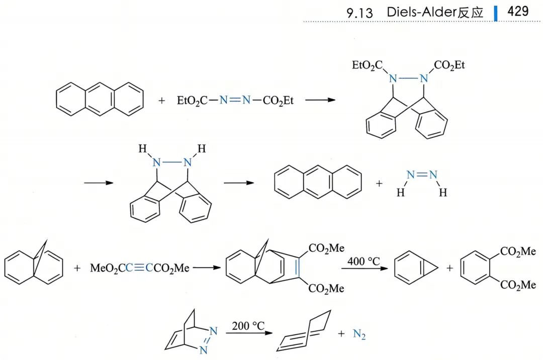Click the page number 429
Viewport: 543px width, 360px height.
click(518, 12)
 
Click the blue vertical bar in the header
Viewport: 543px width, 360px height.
click(496, 13)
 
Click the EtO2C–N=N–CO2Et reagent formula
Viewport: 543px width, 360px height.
click(235, 101)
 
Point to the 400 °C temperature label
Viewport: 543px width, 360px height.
click(365, 261)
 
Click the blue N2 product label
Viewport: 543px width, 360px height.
click(359, 334)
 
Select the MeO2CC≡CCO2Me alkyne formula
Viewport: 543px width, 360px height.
click(140, 268)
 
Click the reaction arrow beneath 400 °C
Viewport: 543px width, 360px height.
click(365, 269)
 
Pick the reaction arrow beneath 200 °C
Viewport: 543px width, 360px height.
click(249, 334)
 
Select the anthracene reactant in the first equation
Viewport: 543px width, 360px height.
click(100, 99)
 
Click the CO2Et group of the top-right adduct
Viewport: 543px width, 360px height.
click(450, 65)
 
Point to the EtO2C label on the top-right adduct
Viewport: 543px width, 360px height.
click(367, 65)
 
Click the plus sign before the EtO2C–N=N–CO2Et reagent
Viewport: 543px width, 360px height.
click(161, 101)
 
